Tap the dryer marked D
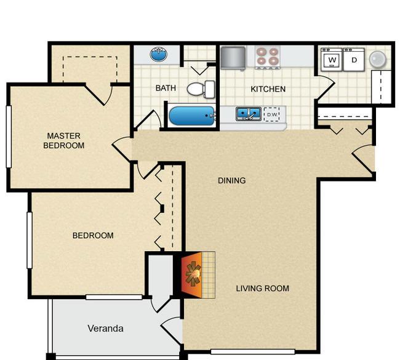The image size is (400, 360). tap(353, 60)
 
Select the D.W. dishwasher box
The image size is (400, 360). tap(271, 114)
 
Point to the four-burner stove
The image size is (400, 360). tap(266, 57)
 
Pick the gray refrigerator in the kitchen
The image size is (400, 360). tap(233, 57)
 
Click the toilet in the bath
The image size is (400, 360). tap(201, 89)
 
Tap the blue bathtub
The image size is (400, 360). tap(191, 115)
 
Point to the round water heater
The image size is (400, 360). tap(378, 59)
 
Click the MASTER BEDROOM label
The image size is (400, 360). tap(64, 141)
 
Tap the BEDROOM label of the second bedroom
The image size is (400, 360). tap(93, 236)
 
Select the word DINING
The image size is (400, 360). tap(232, 181)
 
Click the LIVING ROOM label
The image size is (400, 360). tap(262, 288)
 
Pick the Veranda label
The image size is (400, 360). tap(105, 329)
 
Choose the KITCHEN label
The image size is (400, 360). tap(268, 89)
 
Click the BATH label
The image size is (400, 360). tap(166, 89)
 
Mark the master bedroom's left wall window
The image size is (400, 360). tap(9, 137)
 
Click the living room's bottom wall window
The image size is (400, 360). tap(252, 352)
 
